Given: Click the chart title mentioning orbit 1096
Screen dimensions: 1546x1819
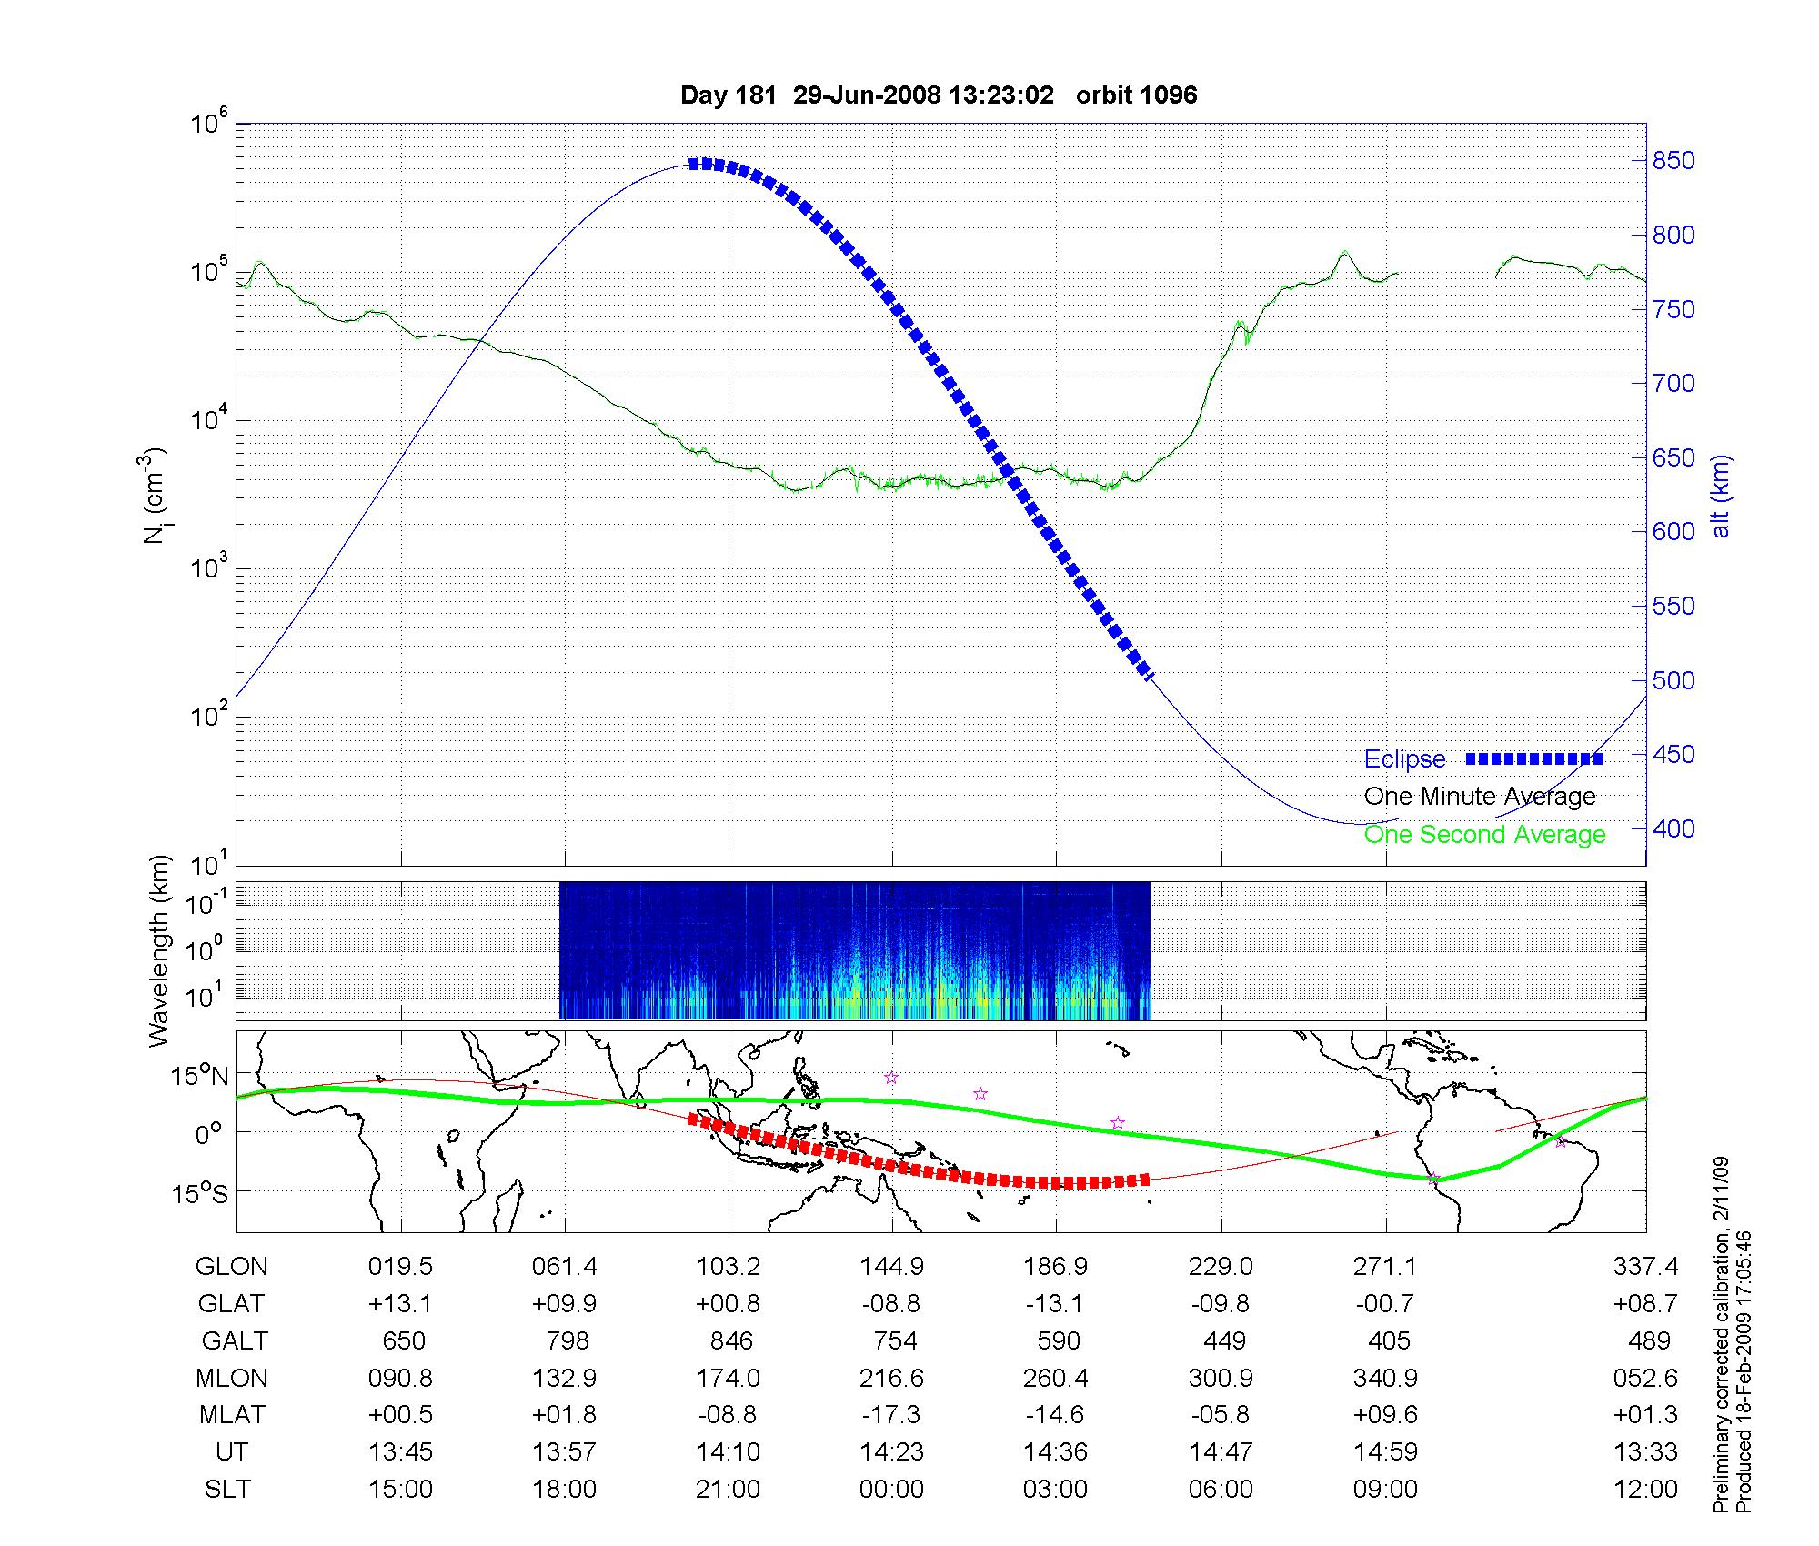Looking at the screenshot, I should (x=939, y=95).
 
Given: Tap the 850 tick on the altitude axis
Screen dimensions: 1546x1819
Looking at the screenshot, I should (x=1673, y=161).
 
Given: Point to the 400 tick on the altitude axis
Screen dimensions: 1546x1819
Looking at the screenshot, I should (x=1673, y=828).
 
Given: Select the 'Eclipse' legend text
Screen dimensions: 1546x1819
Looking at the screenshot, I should (x=1404, y=759).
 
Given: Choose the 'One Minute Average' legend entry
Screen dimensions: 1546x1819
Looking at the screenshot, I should (x=1480, y=797).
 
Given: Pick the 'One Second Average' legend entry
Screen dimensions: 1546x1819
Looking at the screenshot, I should (x=1484, y=835).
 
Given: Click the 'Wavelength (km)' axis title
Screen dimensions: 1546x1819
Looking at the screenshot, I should (x=160, y=950).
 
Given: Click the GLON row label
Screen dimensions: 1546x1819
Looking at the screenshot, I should (x=231, y=1267).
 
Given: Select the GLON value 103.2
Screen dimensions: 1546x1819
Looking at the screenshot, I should (x=728, y=1267).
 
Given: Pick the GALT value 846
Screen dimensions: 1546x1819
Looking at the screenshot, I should (x=731, y=1340).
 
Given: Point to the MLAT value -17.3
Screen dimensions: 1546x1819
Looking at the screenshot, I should (x=891, y=1415).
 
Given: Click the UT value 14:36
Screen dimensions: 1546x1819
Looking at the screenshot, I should (x=1055, y=1452).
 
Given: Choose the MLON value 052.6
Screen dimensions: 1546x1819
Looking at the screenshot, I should (x=1645, y=1378).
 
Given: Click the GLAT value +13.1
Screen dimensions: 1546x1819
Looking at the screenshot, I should (x=400, y=1304).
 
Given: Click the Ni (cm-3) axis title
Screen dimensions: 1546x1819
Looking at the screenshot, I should (x=154, y=496).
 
